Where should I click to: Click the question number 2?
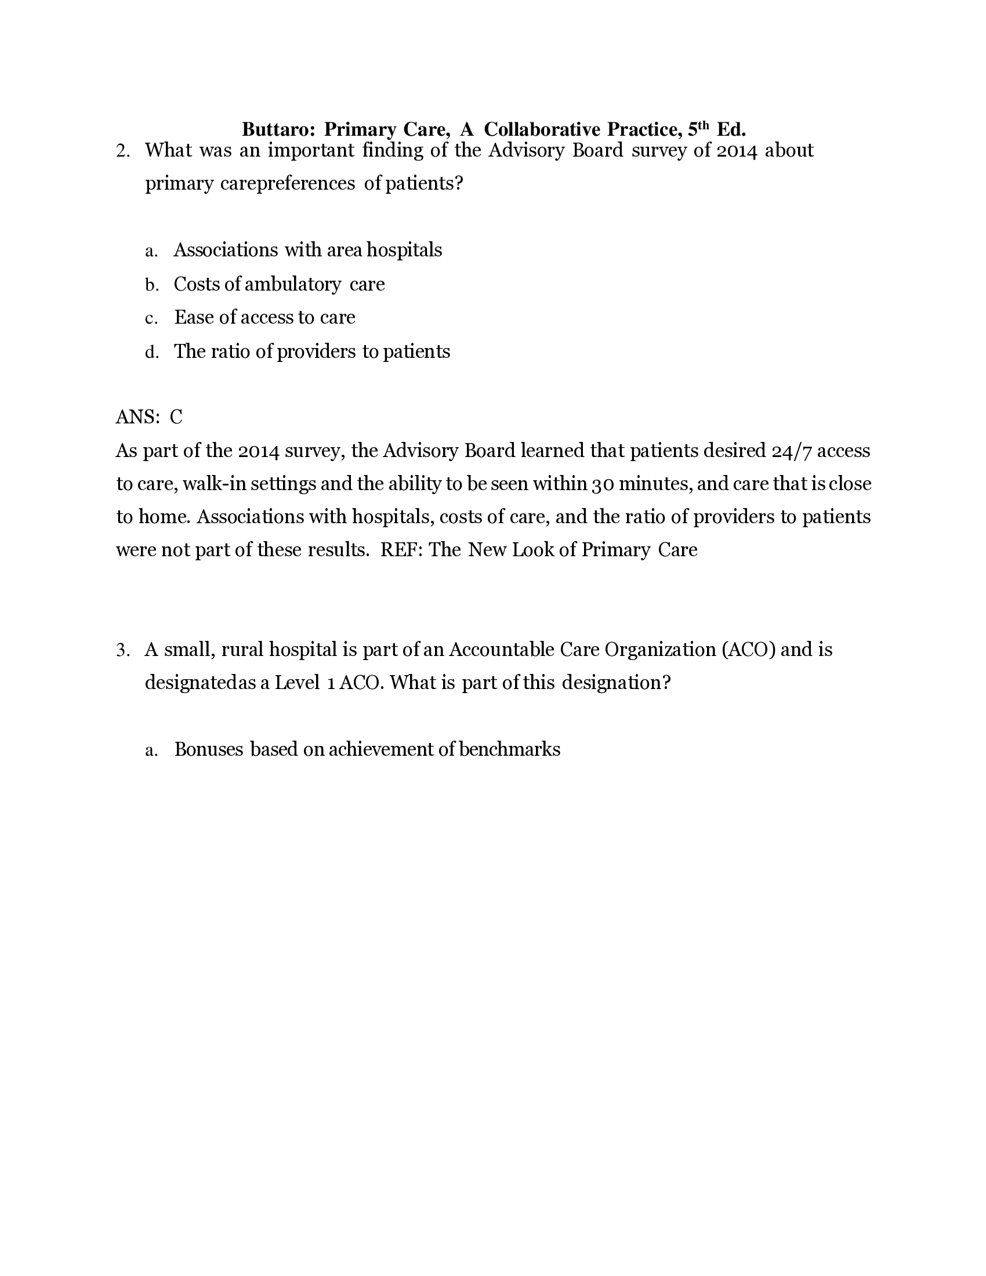click(x=122, y=151)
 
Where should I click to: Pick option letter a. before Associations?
click(x=151, y=251)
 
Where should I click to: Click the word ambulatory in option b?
click(x=293, y=284)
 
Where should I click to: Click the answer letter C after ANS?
click(x=176, y=416)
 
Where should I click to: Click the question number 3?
click(x=122, y=650)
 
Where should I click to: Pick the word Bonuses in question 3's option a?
click(x=209, y=749)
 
